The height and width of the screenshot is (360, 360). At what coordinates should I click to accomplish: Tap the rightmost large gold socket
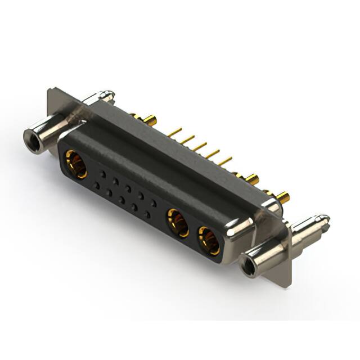pos(210,241)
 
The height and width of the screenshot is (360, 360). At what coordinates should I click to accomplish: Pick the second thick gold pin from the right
pos(253,179)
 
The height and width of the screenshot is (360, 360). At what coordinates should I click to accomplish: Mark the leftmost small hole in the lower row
pos(96,185)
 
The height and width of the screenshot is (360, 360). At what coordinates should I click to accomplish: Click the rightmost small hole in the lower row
pos(147,215)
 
